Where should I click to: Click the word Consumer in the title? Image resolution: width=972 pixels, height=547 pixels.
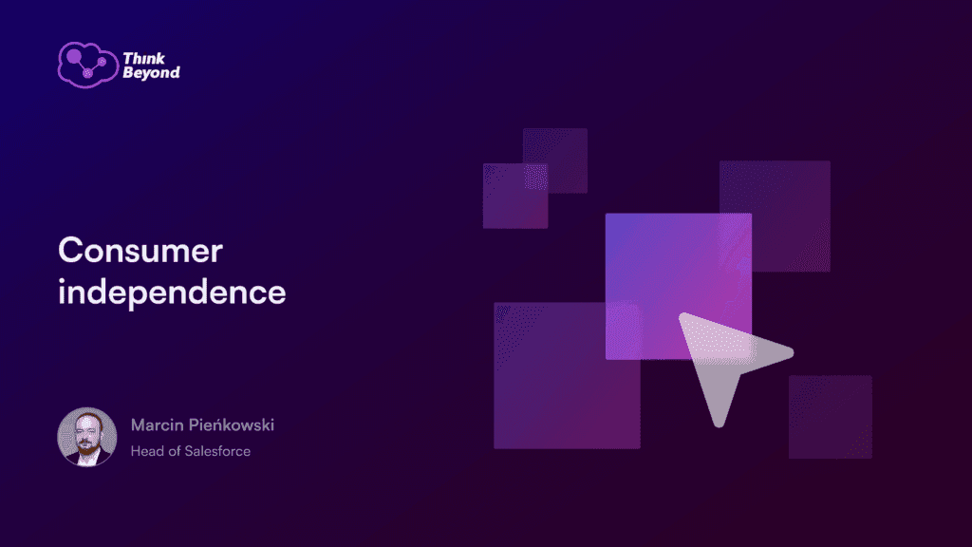[140, 251]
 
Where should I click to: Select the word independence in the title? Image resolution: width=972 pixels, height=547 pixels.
[172, 292]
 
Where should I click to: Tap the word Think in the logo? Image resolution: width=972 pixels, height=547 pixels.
[144, 58]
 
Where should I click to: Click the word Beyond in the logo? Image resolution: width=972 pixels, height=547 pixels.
[151, 72]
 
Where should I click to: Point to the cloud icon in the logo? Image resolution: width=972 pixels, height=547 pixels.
[87, 65]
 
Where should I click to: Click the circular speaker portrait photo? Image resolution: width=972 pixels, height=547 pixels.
[86, 437]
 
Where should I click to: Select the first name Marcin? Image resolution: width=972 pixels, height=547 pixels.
[157, 424]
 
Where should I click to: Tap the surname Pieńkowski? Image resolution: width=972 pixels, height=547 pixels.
[232, 424]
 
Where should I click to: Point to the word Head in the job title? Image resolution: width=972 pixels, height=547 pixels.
[147, 451]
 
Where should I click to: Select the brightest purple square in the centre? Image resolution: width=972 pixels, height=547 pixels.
[678, 286]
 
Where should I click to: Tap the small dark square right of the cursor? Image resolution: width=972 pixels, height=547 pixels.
[830, 417]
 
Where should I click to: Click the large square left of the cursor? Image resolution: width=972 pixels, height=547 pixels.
[567, 375]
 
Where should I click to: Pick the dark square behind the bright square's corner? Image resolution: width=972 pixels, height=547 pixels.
[775, 216]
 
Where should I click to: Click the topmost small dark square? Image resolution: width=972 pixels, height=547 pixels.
[554, 160]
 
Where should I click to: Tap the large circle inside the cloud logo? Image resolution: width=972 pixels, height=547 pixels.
[74, 57]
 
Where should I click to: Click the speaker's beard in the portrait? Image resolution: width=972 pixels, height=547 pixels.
[87, 446]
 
